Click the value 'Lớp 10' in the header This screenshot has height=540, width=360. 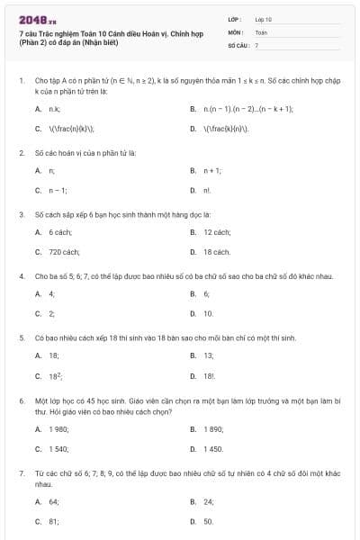pyautogui.click(x=264, y=19)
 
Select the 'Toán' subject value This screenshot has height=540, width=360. pyautogui.click(x=261, y=31)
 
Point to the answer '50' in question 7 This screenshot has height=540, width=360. pyautogui.click(x=208, y=521)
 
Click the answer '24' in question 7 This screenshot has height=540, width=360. pyautogui.click(x=208, y=501)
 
